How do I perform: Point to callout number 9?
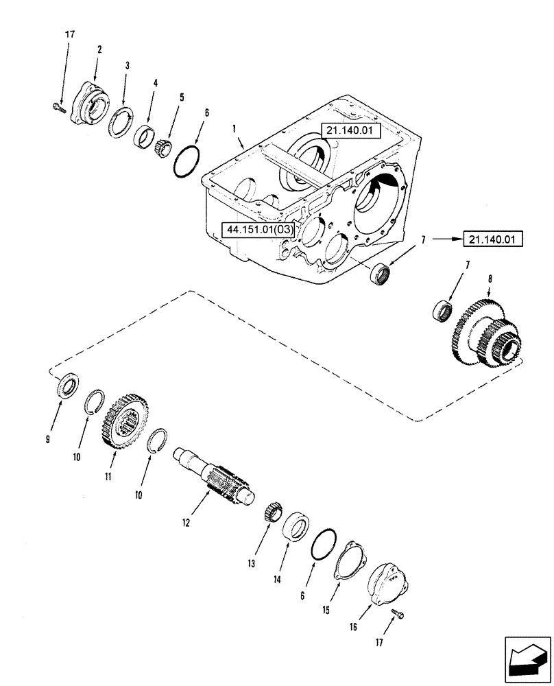[x=48, y=440]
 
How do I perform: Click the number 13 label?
[x=252, y=563]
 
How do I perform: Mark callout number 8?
[x=472, y=280]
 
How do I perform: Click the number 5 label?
[x=182, y=98]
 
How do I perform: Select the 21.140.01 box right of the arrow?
[x=493, y=239]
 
